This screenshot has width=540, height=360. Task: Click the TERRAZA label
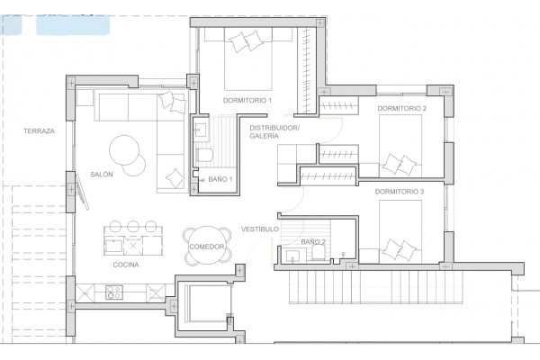pyautogui.click(x=39, y=130)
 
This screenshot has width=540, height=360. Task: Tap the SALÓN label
pyautogui.click(x=102, y=175)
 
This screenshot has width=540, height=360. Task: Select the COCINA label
pyautogui.click(x=126, y=265)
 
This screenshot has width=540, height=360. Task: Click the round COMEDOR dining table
pyautogui.click(x=207, y=246)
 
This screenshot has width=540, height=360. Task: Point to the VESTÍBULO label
pyautogui.click(x=260, y=229)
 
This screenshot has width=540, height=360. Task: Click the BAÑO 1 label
pyautogui.click(x=220, y=179)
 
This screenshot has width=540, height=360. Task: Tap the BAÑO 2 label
pyautogui.click(x=313, y=242)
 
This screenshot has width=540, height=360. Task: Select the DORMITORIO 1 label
pyautogui.click(x=247, y=101)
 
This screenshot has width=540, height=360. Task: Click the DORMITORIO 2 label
pyautogui.click(x=402, y=108)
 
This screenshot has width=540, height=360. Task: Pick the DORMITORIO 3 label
pyautogui.click(x=400, y=192)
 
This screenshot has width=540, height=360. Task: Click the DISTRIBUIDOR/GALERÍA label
pyautogui.click(x=274, y=132)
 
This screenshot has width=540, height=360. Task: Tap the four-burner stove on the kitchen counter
pyautogui.click(x=114, y=292)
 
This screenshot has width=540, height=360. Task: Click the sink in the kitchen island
pyautogui.click(x=114, y=245)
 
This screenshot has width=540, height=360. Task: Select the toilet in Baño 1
pyautogui.click(x=204, y=156)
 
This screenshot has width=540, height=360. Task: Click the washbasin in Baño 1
pyautogui.click(x=201, y=130)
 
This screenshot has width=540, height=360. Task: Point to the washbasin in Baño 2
pyautogui.click(x=292, y=256)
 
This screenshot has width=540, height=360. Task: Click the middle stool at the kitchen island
pyautogui.click(x=133, y=226)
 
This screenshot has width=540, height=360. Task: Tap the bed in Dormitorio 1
pyautogui.click(x=248, y=58)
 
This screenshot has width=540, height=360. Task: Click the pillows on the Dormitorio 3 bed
pyautogui.click(x=400, y=250)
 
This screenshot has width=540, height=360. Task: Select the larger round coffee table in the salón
pyautogui.click(x=124, y=150)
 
